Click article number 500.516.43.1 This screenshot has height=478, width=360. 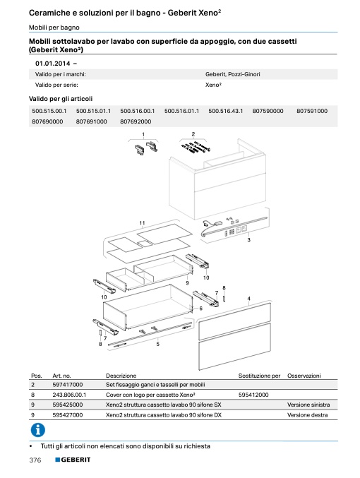tap(226, 111)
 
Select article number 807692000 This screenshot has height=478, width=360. tap(136, 121)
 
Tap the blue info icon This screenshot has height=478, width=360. tap(38, 430)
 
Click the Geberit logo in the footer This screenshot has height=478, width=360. tap(73, 460)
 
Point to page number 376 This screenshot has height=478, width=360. tap(35, 460)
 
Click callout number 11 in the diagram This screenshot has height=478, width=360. tap(142, 223)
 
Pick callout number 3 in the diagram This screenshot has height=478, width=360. tap(248, 240)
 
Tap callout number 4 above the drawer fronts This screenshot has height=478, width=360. tap(248, 299)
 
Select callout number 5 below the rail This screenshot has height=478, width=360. tap(157, 344)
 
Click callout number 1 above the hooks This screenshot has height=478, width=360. tap(143, 134)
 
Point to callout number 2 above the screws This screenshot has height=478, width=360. tap(193, 134)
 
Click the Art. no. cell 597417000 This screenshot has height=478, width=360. tap(68, 385)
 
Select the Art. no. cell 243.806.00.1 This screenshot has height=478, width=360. tap(69, 395)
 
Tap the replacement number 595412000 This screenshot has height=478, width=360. tap(253, 395)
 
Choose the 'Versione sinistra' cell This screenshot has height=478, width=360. tap(308, 405)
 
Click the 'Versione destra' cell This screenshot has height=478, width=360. tap(308, 415)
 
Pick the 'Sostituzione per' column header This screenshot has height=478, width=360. tap(259, 376)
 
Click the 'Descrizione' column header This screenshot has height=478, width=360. tap(121, 376)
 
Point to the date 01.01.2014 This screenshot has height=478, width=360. tap(53, 64)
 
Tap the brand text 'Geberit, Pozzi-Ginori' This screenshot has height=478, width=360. tap(232, 74)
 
